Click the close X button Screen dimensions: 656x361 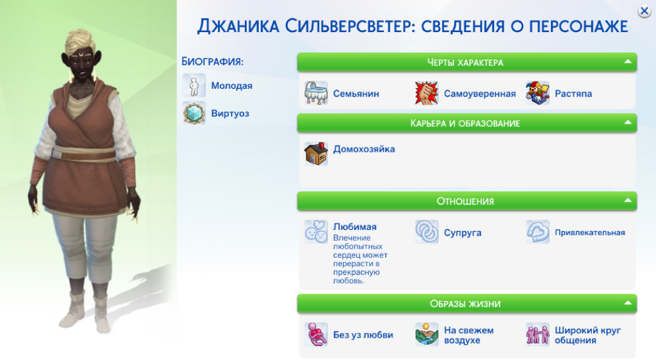click(x=644, y=12)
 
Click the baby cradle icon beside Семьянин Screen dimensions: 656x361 click(x=316, y=93)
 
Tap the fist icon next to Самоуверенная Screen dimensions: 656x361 click(x=426, y=93)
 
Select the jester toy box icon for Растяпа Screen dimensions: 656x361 click(x=537, y=93)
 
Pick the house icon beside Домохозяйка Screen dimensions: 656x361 click(x=316, y=153)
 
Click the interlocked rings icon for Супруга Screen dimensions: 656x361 click(x=427, y=231)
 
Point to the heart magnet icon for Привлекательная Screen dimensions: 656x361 click(x=537, y=231)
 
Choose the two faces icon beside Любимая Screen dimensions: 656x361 click(x=316, y=231)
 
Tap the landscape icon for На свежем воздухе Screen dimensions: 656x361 click(x=427, y=334)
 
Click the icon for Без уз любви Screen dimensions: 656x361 click(x=316, y=334)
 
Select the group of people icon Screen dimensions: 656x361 click(x=537, y=334)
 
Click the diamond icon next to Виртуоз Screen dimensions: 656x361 click(x=194, y=113)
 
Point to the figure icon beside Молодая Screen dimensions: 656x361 click(x=194, y=85)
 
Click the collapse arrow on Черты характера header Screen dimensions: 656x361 click(x=628, y=62)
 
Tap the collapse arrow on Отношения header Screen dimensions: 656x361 click(x=628, y=201)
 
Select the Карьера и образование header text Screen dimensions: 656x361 click(x=465, y=123)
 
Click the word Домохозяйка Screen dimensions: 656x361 click(x=364, y=149)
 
